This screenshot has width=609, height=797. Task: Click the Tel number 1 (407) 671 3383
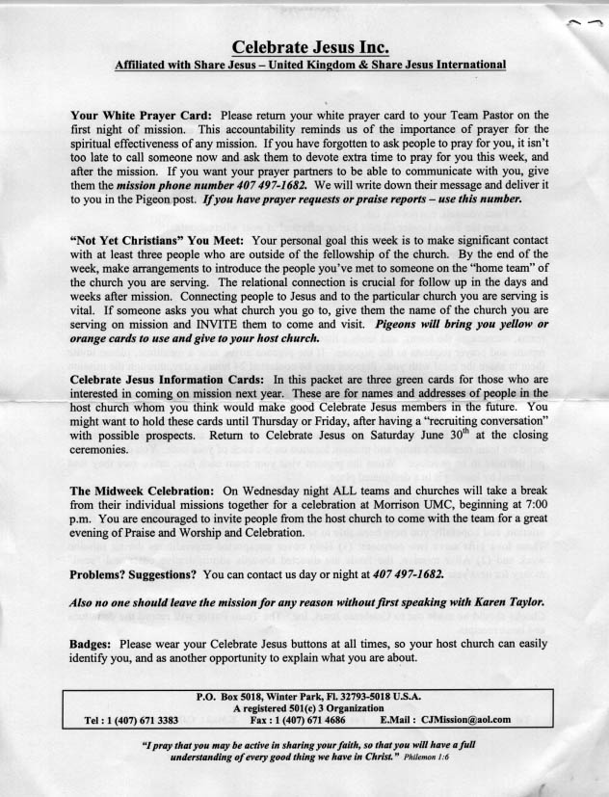click(x=144, y=718)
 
